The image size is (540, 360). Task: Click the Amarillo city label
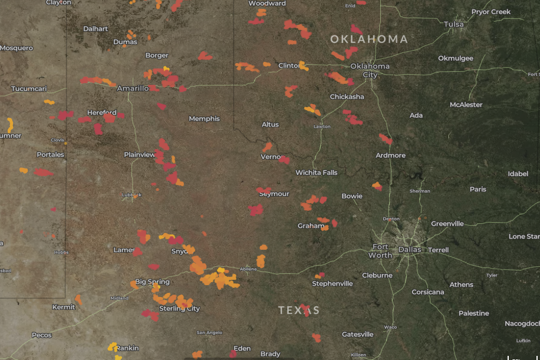(133, 88)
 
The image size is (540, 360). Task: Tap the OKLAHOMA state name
(368, 39)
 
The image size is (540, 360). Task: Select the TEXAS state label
(299, 310)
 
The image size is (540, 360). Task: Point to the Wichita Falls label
(317, 173)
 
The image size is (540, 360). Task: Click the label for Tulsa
(454, 24)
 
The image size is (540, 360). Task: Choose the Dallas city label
(410, 249)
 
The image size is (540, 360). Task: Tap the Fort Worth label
(380, 251)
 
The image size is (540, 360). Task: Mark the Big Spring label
(152, 282)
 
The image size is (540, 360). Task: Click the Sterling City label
(179, 308)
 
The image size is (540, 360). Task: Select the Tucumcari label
(29, 90)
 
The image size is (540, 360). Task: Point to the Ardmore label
(390, 156)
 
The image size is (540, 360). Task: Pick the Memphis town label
(204, 119)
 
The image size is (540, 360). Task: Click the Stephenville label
(332, 283)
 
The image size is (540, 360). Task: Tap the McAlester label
(466, 105)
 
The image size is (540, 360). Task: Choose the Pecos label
(42, 335)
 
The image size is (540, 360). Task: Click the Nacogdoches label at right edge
(522, 323)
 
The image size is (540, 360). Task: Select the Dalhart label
(96, 28)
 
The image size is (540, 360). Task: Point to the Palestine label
(474, 313)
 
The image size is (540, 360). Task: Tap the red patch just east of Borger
(205, 56)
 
